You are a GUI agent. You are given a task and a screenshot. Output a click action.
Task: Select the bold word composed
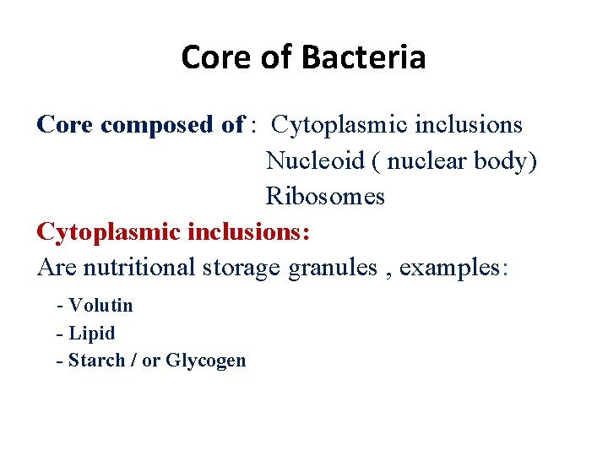[171, 125]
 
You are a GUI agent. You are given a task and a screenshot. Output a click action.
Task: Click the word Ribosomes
[325, 196]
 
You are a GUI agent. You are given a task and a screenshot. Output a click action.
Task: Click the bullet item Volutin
[100, 305]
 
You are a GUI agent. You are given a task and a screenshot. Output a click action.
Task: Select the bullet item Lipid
[91, 333]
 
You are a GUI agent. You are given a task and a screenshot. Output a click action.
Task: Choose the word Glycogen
[206, 361]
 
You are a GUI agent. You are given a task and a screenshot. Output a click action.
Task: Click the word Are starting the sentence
[56, 267]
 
